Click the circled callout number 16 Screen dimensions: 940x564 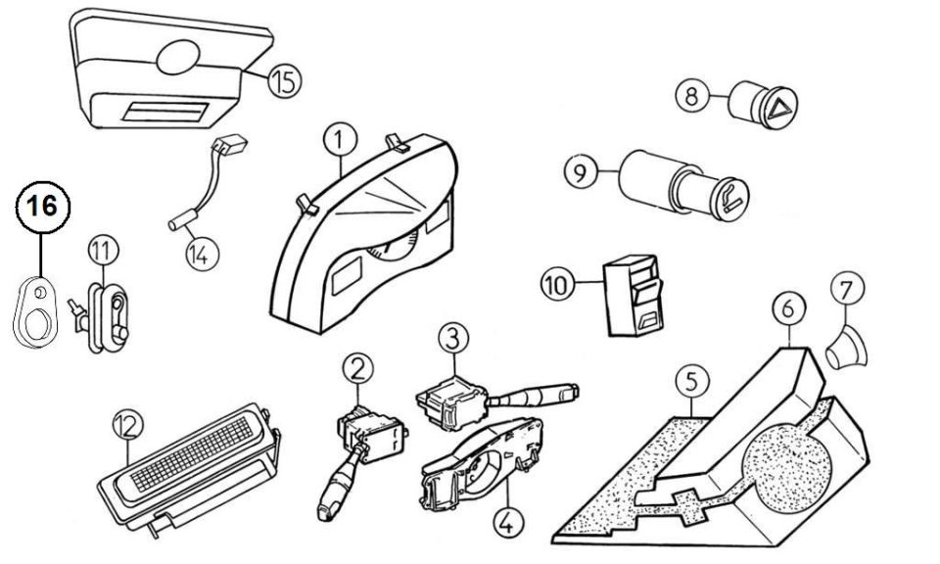click(42, 207)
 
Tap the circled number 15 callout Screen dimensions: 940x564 click(284, 81)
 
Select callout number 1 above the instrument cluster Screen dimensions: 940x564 click(340, 140)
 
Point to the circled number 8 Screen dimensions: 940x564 click(692, 95)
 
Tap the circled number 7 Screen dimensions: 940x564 click(847, 290)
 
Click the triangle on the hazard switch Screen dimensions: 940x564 click(780, 108)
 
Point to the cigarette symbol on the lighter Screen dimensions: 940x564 click(732, 200)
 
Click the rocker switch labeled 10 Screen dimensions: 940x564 click(634, 296)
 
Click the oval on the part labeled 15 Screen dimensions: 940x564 click(177, 57)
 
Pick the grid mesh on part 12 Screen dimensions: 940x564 click(191, 453)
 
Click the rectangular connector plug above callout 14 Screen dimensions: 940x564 click(229, 145)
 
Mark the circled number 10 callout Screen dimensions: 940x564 click(557, 285)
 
